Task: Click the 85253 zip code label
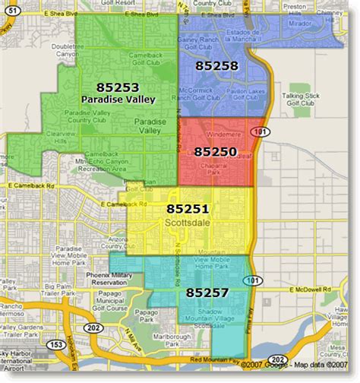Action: point(117,87)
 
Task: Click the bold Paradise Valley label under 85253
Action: point(117,99)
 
